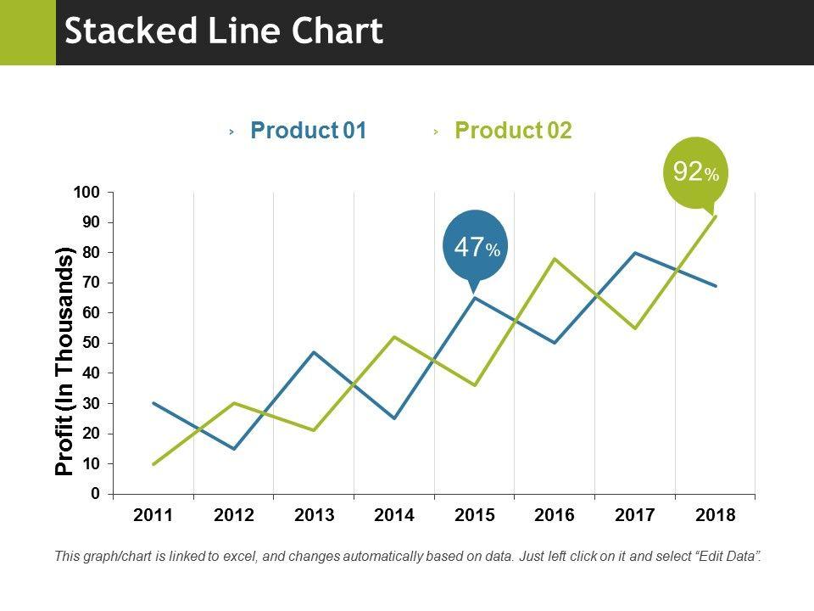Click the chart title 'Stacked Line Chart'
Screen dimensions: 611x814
tap(224, 32)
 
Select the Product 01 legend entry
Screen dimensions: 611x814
tap(309, 131)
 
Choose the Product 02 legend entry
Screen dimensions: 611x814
tap(513, 131)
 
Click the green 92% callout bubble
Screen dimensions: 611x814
tap(695, 172)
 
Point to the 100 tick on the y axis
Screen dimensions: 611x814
tap(87, 193)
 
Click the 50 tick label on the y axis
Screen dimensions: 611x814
tap(91, 343)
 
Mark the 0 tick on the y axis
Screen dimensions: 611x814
tap(95, 493)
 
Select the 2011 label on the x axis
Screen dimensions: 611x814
tap(153, 515)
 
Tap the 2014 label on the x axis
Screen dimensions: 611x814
tap(394, 515)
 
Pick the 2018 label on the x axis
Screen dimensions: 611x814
tap(716, 515)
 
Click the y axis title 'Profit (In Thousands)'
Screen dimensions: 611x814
tap(65, 361)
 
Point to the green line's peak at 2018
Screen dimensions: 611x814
tap(716, 216)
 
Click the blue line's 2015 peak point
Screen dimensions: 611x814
tap(475, 298)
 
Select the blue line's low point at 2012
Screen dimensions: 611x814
tap(234, 448)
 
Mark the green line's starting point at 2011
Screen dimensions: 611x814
tap(153, 463)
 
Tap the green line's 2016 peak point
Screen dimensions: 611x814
tap(555, 259)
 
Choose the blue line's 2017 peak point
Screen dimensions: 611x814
tap(635, 253)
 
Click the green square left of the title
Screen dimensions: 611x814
tap(27, 32)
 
